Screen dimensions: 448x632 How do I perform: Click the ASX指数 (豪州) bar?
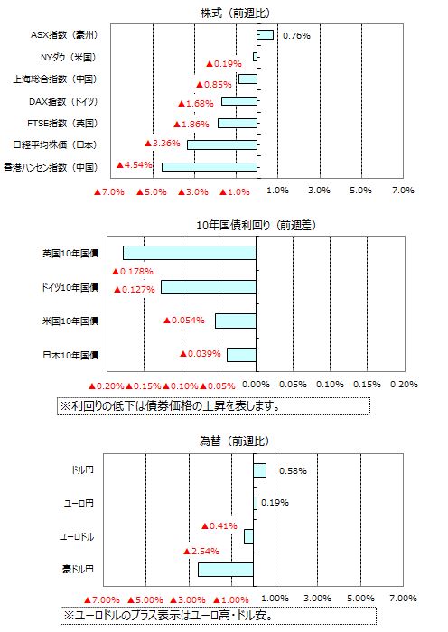[x=265, y=35]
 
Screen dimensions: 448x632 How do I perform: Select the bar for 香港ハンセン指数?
[x=210, y=167]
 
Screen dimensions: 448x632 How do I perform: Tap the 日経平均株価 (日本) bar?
[x=222, y=144]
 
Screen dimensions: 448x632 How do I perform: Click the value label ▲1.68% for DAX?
[x=196, y=103]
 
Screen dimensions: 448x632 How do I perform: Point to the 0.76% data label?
[x=296, y=36]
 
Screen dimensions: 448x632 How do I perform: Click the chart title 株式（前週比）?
[x=236, y=13]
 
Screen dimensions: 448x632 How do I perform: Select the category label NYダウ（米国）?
[x=69, y=57]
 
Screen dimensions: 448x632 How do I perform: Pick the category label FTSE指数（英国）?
[x=62, y=123]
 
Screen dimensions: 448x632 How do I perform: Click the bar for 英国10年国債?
[x=190, y=253]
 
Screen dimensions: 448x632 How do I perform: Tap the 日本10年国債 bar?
[x=241, y=355]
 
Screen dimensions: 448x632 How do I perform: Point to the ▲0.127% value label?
[x=135, y=290]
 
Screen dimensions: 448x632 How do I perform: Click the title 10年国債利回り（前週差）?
[x=256, y=225]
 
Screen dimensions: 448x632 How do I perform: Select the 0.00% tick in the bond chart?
[x=256, y=384]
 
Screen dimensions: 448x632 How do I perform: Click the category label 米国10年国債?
[x=70, y=321]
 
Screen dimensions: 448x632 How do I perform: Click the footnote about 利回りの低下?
[x=170, y=406]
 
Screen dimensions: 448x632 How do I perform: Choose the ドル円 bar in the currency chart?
[x=260, y=470]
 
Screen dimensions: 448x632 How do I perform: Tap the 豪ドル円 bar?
[x=226, y=570]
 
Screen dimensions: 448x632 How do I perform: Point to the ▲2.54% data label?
[x=201, y=551]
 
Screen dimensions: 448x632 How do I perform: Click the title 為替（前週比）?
[x=234, y=441]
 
